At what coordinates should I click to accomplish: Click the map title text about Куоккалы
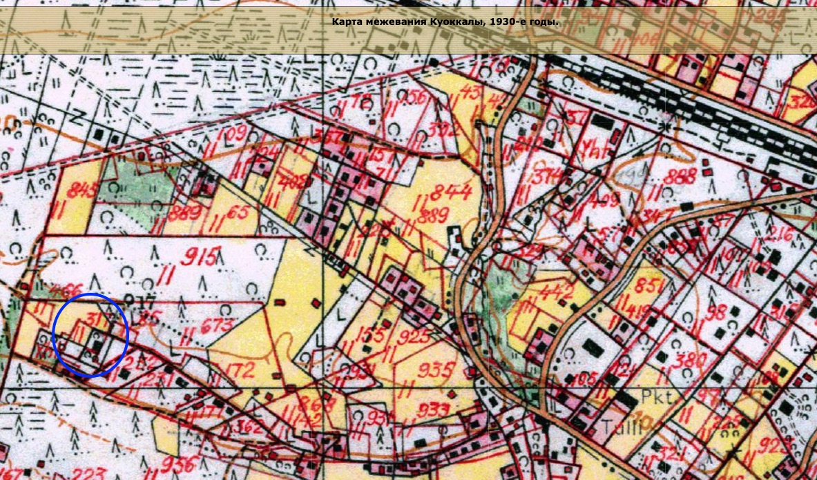pyautogui.click(x=445, y=22)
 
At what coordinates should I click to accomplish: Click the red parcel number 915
pyautogui.click(x=198, y=256)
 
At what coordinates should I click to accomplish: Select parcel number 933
pyautogui.click(x=434, y=410)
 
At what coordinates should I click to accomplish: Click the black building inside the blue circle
pyautogui.click(x=96, y=343)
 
